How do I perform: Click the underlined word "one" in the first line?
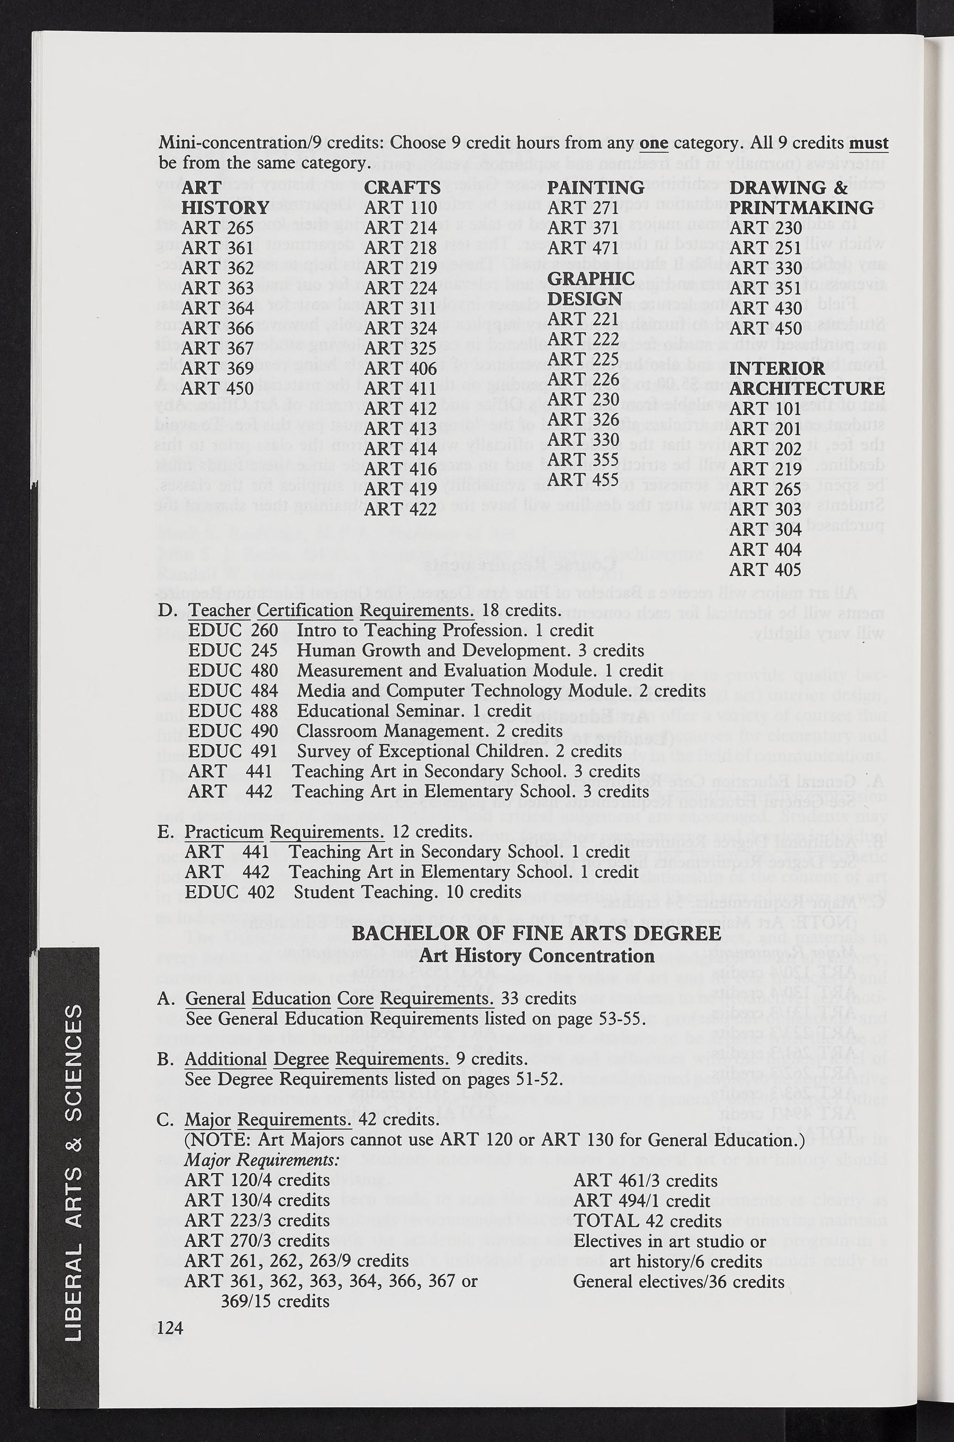(x=653, y=144)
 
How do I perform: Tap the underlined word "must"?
(x=868, y=144)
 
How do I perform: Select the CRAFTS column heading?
(x=402, y=187)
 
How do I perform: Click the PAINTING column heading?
(x=596, y=187)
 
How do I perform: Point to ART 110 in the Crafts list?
(x=401, y=208)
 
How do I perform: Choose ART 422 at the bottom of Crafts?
(x=401, y=509)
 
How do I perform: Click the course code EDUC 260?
(x=233, y=630)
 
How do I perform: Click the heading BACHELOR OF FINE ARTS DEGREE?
(x=537, y=933)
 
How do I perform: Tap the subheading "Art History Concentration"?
(x=537, y=956)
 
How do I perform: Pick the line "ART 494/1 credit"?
(x=642, y=1201)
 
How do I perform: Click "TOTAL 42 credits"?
(x=647, y=1221)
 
